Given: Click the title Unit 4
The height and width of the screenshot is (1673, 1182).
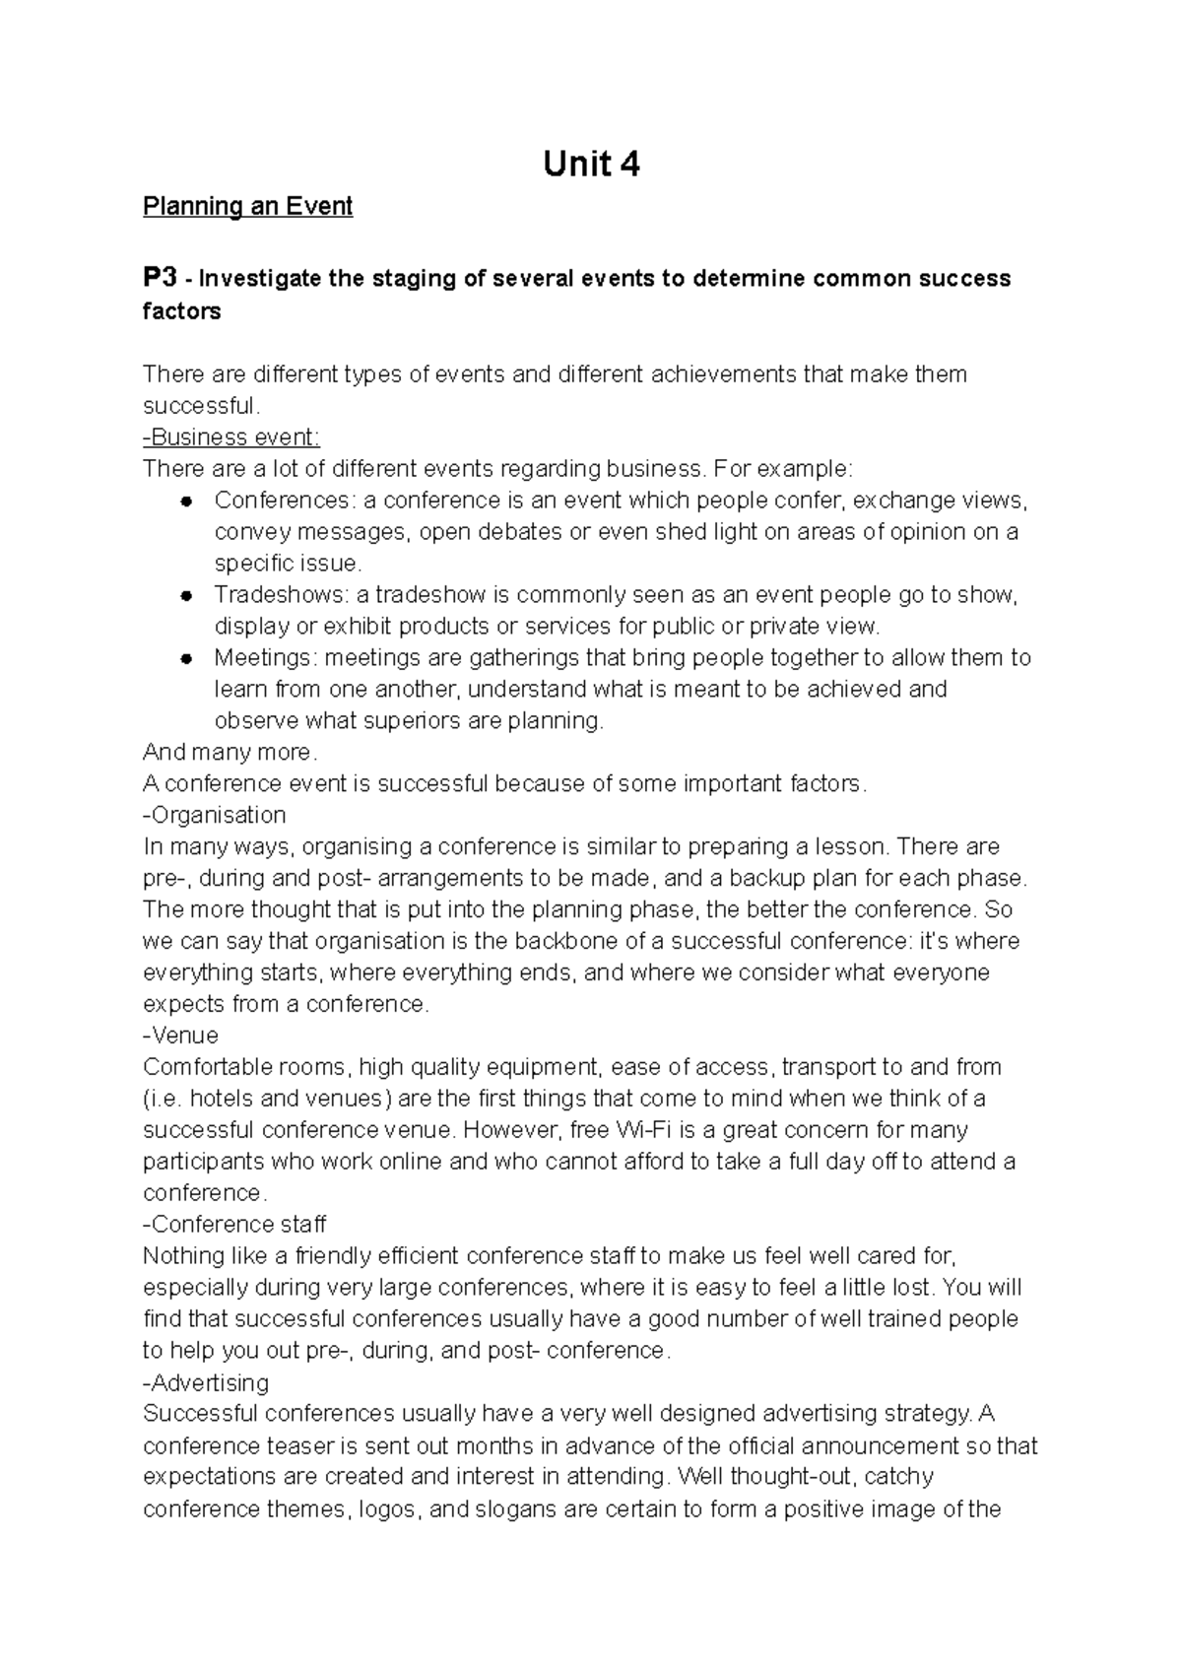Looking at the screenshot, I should coord(591,164).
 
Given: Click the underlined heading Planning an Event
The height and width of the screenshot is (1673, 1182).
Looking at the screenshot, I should coord(247,207).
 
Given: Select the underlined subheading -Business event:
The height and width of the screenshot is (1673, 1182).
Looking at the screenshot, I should coord(231,436).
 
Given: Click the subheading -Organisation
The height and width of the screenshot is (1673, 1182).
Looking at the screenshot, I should coord(215,815).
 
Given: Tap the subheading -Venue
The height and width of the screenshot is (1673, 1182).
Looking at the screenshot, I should coord(180,1036).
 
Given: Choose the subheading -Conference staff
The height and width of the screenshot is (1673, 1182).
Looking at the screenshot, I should coord(234,1225).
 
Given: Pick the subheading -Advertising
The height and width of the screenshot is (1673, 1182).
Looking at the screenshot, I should coord(206,1382).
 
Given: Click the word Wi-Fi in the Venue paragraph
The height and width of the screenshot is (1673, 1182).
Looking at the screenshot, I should coord(640,1130).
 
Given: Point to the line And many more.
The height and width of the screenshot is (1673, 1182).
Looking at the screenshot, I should coord(230,753).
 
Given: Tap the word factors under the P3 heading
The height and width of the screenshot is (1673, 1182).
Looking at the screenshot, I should coord(182,311).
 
